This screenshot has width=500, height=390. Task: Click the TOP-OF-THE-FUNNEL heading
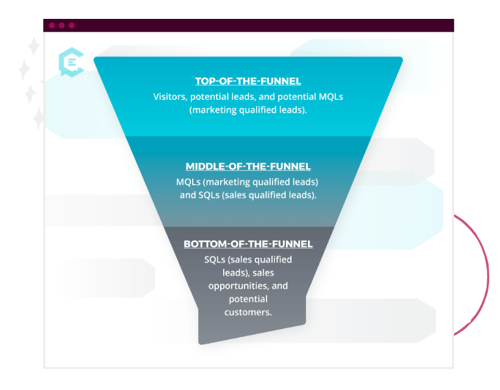click(248, 81)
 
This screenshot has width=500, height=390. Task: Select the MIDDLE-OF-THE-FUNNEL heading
click(248, 166)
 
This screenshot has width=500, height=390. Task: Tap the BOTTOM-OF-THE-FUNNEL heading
click(248, 244)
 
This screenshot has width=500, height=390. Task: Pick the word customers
click(248, 312)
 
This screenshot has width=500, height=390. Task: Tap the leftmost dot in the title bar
click(52, 26)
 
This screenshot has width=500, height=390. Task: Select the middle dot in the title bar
click(62, 26)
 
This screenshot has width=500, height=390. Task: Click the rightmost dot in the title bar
click(71, 26)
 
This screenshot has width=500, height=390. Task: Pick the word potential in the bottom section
click(248, 299)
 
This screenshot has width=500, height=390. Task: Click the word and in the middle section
click(187, 196)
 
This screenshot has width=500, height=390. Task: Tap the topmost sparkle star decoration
click(34, 46)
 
